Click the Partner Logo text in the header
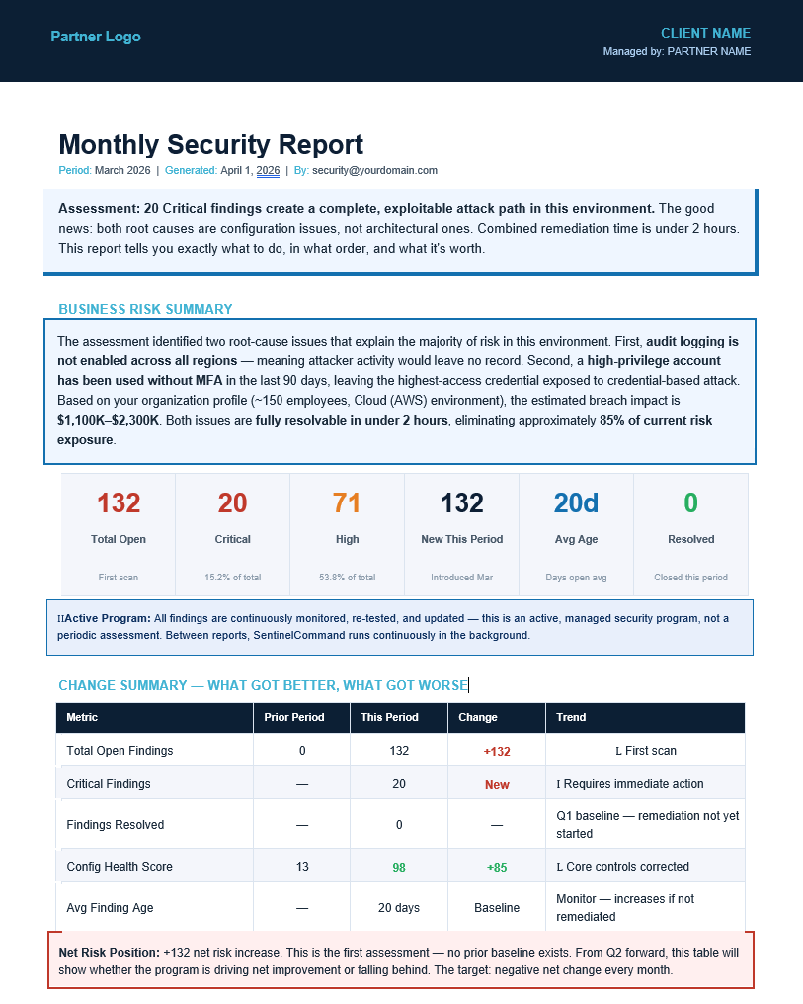(96, 37)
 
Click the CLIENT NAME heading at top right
(705, 33)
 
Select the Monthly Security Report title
(211, 144)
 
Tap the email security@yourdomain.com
(374, 170)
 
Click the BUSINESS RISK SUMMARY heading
(145, 309)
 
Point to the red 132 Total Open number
(119, 503)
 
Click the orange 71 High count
(347, 503)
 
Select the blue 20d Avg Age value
(576, 503)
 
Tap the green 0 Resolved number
(690, 503)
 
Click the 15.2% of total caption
(232, 578)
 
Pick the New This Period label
(461, 539)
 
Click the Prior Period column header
(294, 717)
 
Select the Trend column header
(571, 717)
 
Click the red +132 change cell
(497, 751)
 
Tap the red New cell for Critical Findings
(497, 784)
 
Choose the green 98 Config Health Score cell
(399, 867)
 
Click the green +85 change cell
(497, 867)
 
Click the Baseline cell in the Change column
(497, 908)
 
